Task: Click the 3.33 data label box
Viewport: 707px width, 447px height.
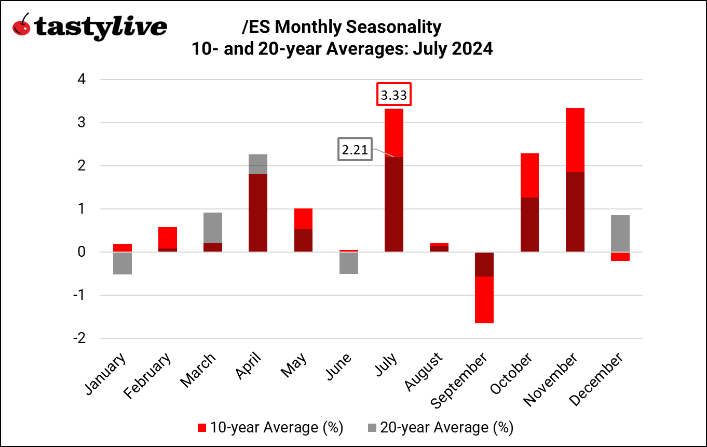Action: [394, 95]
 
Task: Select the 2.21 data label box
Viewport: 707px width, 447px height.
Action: [355, 150]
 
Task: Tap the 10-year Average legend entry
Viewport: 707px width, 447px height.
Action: [270, 428]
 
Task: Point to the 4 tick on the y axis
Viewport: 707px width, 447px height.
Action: [81, 80]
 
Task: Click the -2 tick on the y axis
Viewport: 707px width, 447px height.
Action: [79, 338]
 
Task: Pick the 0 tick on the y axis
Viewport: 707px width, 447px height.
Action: [81, 252]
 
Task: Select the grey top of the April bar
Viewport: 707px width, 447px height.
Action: [258, 164]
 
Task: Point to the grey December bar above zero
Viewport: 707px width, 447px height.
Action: [620, 233]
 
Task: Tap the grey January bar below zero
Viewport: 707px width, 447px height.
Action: [123, 263]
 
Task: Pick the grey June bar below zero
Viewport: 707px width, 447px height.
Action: [348, 263]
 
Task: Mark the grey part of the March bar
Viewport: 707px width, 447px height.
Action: [213, 228]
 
